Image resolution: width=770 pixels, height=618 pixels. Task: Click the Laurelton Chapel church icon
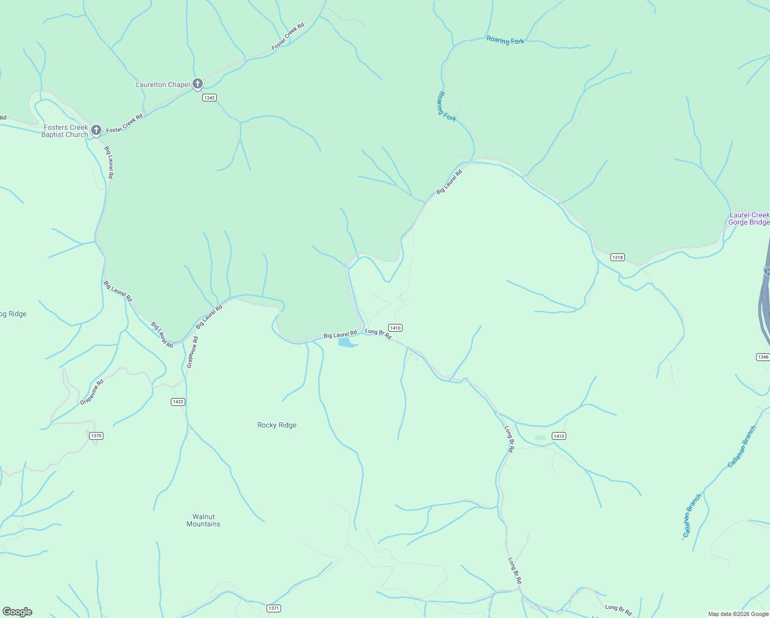coord(198,84)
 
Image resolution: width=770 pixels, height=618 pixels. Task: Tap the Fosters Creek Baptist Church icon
coord(96,130)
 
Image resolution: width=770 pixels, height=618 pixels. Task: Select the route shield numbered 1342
coord(209,98)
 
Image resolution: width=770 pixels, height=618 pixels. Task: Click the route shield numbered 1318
coord(617,257)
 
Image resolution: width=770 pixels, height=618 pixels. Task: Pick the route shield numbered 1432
coord(178,402)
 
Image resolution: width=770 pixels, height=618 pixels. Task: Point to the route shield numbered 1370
coord(96,436)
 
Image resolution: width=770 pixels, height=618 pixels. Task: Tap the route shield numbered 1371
coord(274,608)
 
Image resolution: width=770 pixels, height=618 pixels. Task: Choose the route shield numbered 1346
coord(763,357)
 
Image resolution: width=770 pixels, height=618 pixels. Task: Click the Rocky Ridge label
coord(277,425)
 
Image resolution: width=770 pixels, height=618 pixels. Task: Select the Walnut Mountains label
coord(203,520)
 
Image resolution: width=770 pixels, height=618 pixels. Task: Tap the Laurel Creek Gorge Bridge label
coord(749,218)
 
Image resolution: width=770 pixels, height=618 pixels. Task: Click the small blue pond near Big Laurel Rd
coord(347,342)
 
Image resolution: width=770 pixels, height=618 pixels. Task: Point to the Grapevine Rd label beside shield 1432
coord(192,352)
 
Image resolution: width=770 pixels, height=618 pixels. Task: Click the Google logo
coord(17,612)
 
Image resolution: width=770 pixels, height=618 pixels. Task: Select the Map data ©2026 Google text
coord(738,614)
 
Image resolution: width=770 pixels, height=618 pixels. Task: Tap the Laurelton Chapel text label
coord(163,84)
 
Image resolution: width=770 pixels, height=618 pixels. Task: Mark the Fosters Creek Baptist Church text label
coord(65,131)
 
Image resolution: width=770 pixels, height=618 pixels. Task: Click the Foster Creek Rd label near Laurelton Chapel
coord(288,36)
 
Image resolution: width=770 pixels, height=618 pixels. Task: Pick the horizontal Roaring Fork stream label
coord(505,40)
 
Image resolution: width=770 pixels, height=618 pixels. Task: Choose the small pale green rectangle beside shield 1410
coord(540,438)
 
